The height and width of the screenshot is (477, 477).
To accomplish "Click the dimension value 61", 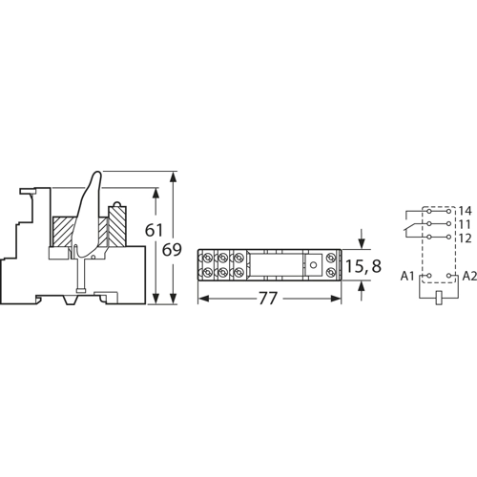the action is point(154,230).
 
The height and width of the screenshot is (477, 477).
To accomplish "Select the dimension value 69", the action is point(172,250).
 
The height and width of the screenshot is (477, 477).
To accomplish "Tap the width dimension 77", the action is point(268,299).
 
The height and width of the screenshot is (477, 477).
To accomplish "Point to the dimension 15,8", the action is point(363,266).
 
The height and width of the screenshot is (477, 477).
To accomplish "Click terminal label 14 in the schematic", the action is point(465,211).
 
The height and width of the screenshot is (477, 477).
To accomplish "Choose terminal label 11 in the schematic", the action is point(465,224).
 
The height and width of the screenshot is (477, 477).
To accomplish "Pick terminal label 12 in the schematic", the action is point(465,238).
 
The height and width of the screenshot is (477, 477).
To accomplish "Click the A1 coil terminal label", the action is point(407,277).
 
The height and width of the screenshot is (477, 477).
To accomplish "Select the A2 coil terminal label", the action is point(469,277).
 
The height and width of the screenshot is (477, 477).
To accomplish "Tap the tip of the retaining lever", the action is point(96,173).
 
